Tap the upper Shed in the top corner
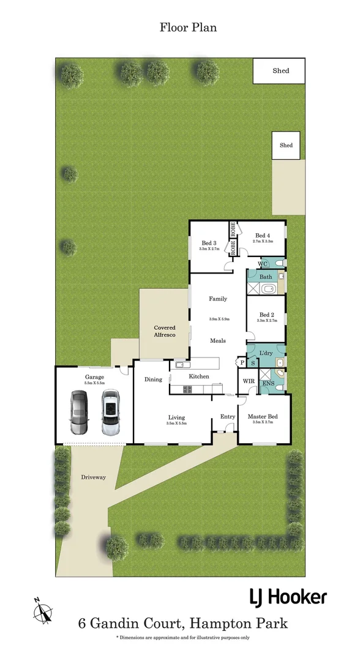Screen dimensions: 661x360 pos(280,71)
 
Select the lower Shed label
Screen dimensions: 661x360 pos(286,146)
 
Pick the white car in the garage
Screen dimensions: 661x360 pos(110,413)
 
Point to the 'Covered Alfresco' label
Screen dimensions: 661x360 pos(165,332)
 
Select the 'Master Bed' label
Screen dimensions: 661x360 pos(263,417)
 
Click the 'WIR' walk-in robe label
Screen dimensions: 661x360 pos(249,381)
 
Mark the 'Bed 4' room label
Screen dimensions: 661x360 pos(263,236)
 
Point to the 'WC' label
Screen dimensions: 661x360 pos(263,263)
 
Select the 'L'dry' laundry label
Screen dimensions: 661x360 pos(266,354)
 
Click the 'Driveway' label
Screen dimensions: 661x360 pos(93,477)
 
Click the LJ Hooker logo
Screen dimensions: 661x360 pos(287,597)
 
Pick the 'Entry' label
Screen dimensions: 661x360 pos(228,417)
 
